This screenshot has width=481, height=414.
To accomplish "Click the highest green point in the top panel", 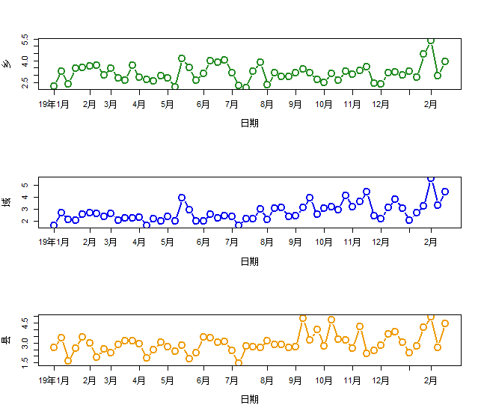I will coord(431,41).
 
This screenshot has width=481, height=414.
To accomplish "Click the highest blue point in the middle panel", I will coord(431,179).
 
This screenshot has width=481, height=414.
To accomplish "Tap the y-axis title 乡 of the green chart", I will coord(7,64).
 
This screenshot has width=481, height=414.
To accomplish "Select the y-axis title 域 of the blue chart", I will coord(7,201).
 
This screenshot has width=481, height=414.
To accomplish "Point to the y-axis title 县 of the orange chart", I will coord(7,340).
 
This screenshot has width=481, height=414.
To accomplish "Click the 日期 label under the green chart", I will coord(250,123).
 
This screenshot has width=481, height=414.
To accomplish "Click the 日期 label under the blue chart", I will coord(250,261).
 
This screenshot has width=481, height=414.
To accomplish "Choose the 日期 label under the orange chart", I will coord(250,399).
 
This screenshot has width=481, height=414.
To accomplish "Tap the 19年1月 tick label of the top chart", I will coord(55,104).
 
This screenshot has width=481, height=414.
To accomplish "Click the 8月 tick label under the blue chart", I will coord(267,242).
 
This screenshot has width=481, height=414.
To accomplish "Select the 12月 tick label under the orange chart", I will coord(381,380).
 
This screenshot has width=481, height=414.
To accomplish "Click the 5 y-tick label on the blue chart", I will coord(26,185).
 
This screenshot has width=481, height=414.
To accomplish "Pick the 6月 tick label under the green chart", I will coord(203,104).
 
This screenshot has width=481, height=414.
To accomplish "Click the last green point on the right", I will coord(445,61).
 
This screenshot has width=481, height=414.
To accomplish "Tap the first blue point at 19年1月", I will coord(54,225).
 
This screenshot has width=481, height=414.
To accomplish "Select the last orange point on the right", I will coord(445,323).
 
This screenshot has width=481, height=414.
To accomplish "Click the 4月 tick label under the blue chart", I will coord(139,242).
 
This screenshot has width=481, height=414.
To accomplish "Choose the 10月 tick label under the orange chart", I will coord(324,380).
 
